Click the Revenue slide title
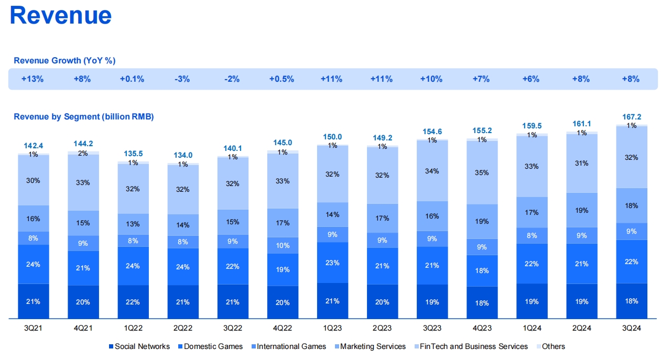click(x=61, y=15)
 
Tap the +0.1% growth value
click(x=132, y=79)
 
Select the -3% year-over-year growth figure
click(x=182, y=79)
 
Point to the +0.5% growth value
click(x=281, y=79)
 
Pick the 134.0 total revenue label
click(x=183, y=155)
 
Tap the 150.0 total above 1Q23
click(x=332, y=137)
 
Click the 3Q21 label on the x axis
click(x=34, y=329)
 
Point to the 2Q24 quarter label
click(x=582, y=329)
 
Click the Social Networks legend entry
click(x=139, y=346)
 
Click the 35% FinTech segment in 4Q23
click(x=482, y=172)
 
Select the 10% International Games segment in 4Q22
click(x=283, y=245)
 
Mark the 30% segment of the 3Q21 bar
click(x=34, y=180)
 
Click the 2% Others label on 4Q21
click(x=83, y=153)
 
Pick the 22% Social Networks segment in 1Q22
click(x=133, y=302)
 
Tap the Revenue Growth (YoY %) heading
click(x=64, y=61)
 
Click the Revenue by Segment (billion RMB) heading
click(x=84, y=117)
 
